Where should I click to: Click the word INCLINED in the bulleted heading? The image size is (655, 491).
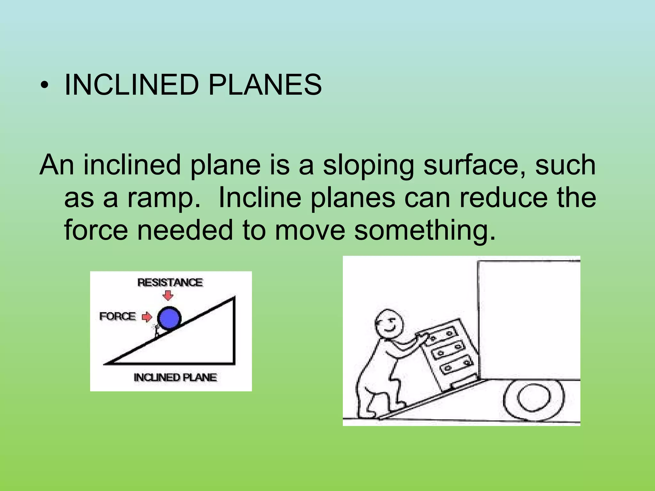(x=131, y=85)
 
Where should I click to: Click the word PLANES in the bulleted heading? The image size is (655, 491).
(x=265, y=85)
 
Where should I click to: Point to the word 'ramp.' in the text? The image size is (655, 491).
(x=165, y=198)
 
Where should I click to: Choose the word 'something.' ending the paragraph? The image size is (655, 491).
(x=425, y=231)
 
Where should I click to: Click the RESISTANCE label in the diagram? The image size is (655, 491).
(x=170, y=283)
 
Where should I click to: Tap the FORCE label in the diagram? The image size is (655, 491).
(x=117, y=316)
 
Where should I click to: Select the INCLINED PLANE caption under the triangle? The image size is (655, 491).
(x=175, y=378)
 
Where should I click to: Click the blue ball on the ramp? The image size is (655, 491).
(x=169, y=318)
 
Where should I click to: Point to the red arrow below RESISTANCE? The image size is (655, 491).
(x=168, y=295)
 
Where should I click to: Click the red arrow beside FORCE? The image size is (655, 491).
(x=147, y=317)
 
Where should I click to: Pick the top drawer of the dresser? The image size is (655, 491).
(x=442, y=336)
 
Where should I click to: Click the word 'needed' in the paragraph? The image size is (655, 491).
(x=185, y=231)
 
